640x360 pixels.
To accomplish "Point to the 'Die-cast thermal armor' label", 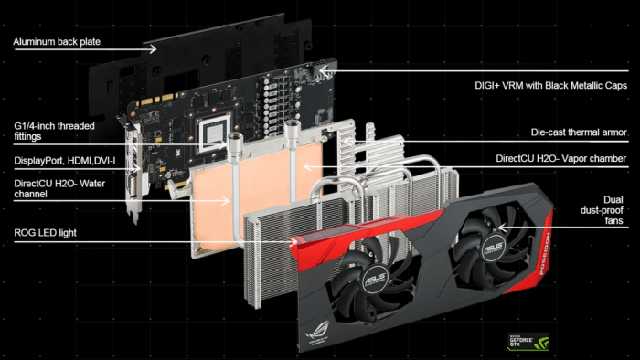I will tap(579, 132).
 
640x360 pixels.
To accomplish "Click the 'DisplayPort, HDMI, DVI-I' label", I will tap(61, 161).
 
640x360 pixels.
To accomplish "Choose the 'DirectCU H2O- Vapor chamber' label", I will tap(560, 158).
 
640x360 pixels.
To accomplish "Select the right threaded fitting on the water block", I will tap(291, 133).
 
